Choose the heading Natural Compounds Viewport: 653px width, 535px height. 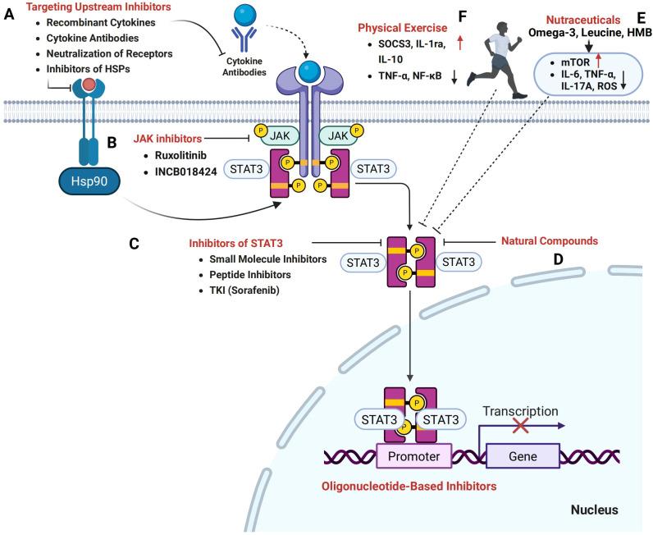tap(547, 241)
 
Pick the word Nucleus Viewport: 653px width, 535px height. tap(595, 510)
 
